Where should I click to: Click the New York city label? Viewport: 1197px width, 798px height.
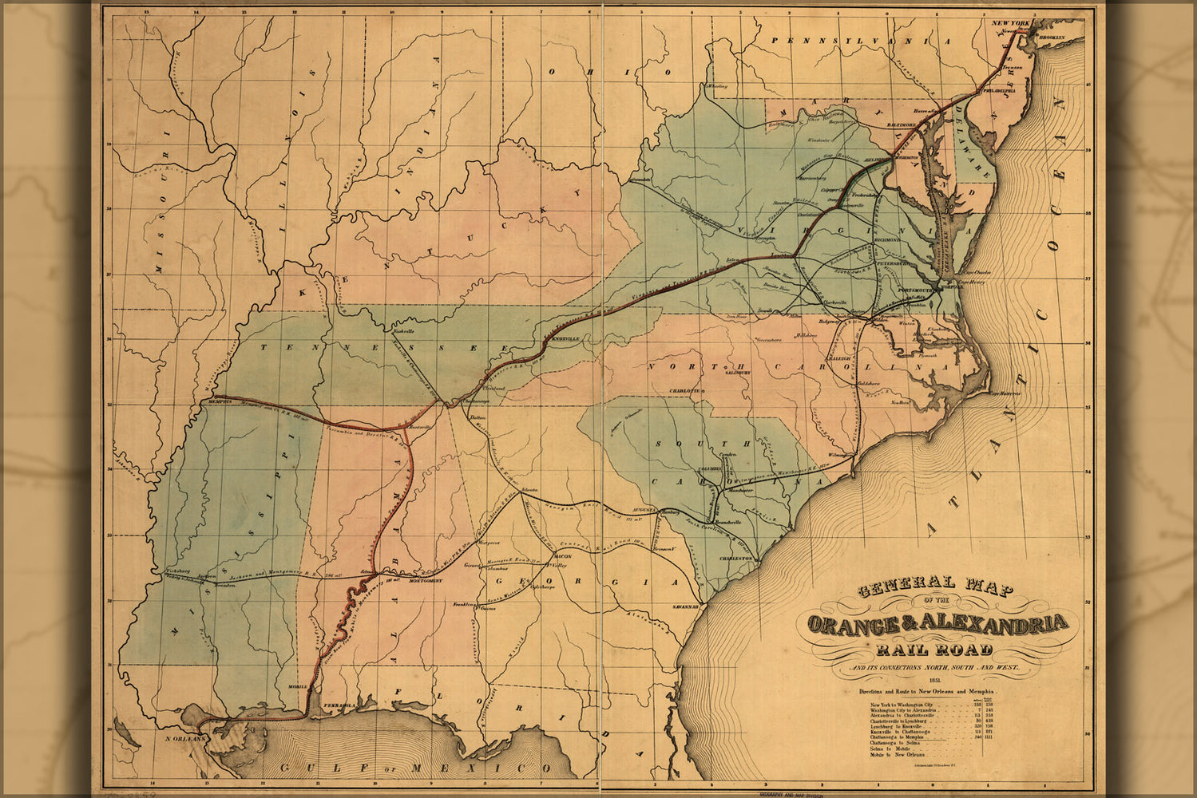tap(1009, 24)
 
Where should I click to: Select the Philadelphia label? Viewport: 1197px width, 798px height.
tap(983, 92)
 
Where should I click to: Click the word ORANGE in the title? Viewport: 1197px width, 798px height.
tap(858, 623)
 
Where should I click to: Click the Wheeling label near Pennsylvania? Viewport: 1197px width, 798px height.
tap(715, 85)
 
